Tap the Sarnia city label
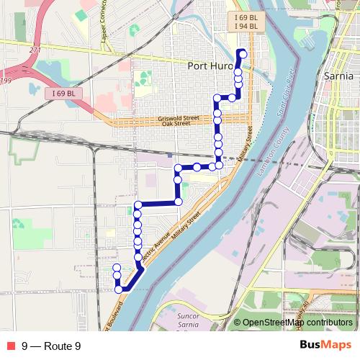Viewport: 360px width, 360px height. coord(339,75)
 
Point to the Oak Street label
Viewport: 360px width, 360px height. coord(176,124)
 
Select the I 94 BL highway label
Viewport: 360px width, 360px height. coord(246,27)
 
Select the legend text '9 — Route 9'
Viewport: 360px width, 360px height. coord(50,346)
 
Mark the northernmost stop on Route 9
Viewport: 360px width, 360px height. coord(243,53)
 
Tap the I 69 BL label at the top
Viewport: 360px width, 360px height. coord(246,17)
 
